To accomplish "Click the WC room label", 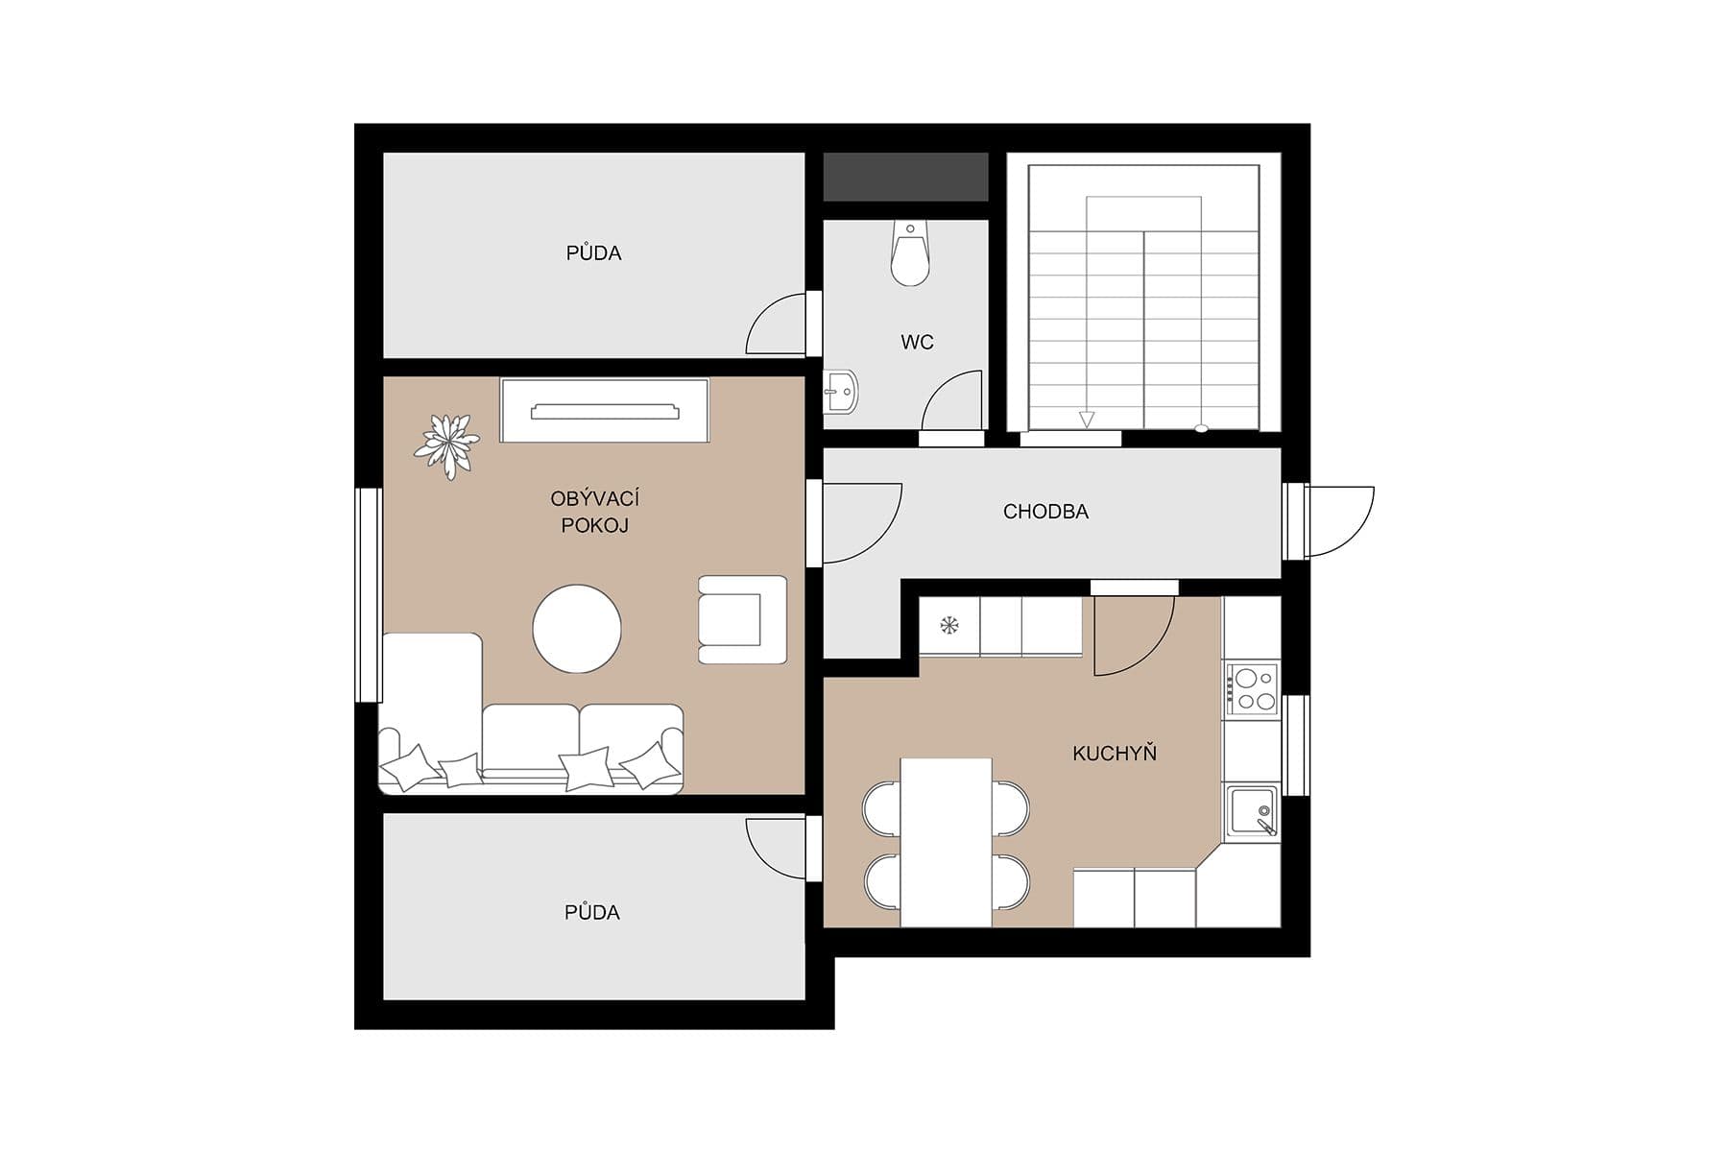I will (x=917, y=343).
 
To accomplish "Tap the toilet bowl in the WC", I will (x=909, y=255).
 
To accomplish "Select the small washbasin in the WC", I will (x=842, y=391).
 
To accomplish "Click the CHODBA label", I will (x=1045, y=512).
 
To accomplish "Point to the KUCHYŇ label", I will (x=1114, y=754).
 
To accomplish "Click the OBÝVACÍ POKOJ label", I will (x=594, y=512).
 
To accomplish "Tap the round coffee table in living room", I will (x=577, y=629).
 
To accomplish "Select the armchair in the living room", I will (x=741, y=620).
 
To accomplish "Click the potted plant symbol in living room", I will (x=446, y=444).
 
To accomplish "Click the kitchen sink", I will (x=1252, y=811).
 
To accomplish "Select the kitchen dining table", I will (x=946, y=842).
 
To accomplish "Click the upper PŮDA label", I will (x=593, y=253).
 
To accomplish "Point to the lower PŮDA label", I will (x=591, y=913).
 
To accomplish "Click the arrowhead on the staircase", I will (x=1086, y=420).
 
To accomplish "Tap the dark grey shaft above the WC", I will (x=905, y=177).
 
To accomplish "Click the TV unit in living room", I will (x=605, y=411).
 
